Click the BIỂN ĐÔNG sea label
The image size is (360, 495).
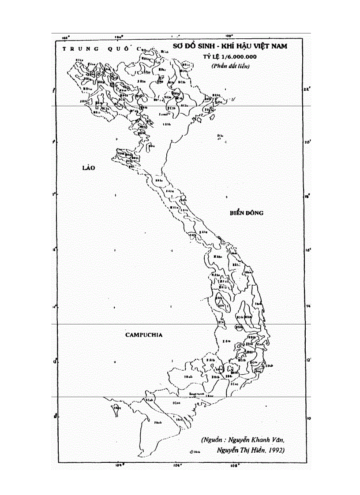pos(246,213)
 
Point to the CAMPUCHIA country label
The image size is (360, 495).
pos(144,335)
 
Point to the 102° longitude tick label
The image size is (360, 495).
pos(67,38)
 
